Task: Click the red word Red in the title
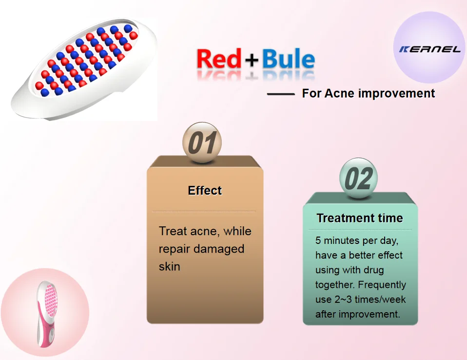click(x=218, y=59)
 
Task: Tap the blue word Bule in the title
click(x=288, y=59)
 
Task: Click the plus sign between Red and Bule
click(x=252, y=60)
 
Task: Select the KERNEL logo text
click(x=430, y=49)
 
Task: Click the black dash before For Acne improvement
click(x=281, y=94)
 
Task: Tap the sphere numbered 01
click(x=202, y=142)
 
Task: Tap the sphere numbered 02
click(x=359, y=178)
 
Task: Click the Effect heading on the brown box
click(x=205, y=190)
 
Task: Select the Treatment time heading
click(x=360, y=218)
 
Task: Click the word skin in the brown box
click(x=170, y=266)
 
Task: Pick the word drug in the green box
click(x=371, y=270)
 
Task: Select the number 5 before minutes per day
click(x=318, y=240)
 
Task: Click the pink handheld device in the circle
click(x=47, y=314)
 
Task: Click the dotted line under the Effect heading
click(x=204, y=211)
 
